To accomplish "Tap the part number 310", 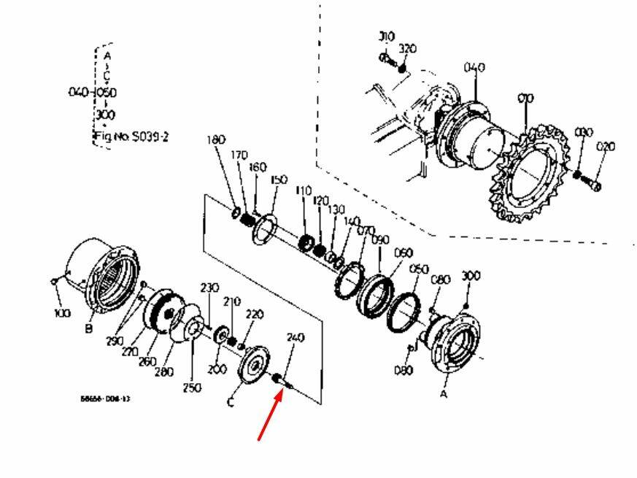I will tap(386, 36).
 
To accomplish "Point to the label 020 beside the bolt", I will tap(605, 147).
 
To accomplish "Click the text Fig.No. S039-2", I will tap(131, 136).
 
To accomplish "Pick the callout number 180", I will tap(216, 139).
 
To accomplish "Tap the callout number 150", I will tap(279, 180).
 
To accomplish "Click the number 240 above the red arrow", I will tap(296, 338).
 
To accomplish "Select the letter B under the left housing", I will tap(88, 329).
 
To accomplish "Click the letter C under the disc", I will tap(231, 403).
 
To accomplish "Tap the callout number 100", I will tap(62, 313).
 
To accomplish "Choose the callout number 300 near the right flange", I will tap(471, 276).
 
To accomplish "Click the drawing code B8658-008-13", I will tap(101, 399).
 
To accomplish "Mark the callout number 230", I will tap(209, 288).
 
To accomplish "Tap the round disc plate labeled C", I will tap(255, 365).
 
